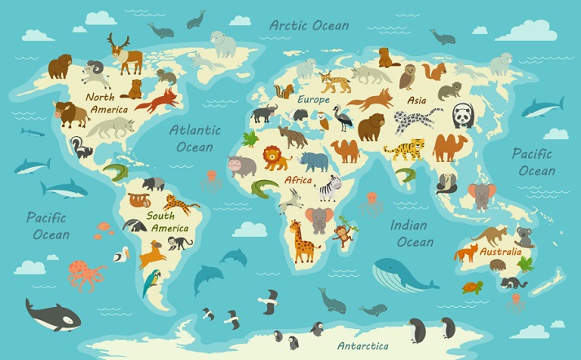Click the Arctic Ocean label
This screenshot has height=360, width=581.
click(310, 24)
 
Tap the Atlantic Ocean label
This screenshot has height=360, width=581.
click(195, 138)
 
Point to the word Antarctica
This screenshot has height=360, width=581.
click(363, 345)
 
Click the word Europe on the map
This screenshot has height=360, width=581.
click(313, 99)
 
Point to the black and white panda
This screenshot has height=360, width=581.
click(463, 117)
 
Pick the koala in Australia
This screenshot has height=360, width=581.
click(524, 236)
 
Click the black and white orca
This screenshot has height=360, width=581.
click(51, 314)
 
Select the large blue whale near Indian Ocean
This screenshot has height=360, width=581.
click(403, 274)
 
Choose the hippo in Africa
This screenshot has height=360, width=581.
click(240, 166)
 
